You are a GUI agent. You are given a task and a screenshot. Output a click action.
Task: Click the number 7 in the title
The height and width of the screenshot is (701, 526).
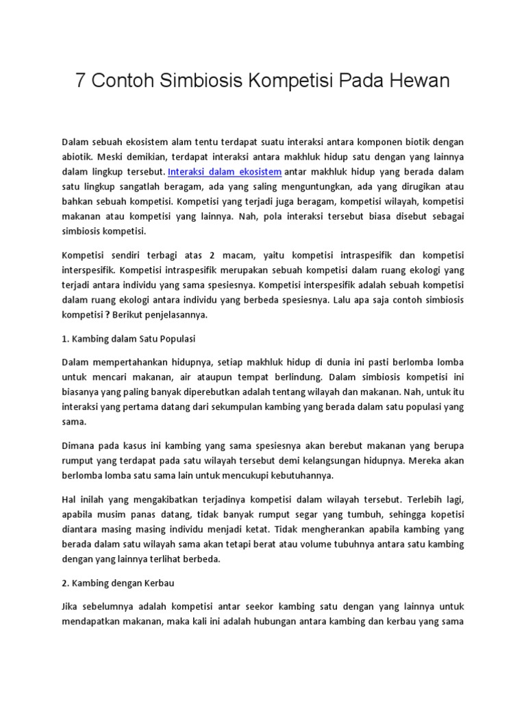pyautogui.click(x=80, y=81)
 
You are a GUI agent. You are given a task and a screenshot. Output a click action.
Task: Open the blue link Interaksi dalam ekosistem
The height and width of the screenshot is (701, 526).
pyautogui.click(x=225, y=171)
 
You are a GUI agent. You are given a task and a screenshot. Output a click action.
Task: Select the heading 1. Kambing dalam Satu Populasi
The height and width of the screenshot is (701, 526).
pyautogui.click(x=129, y=339)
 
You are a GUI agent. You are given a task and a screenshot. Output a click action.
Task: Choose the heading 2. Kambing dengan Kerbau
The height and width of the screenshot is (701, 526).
pyautogui.click(x=119, y=583)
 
